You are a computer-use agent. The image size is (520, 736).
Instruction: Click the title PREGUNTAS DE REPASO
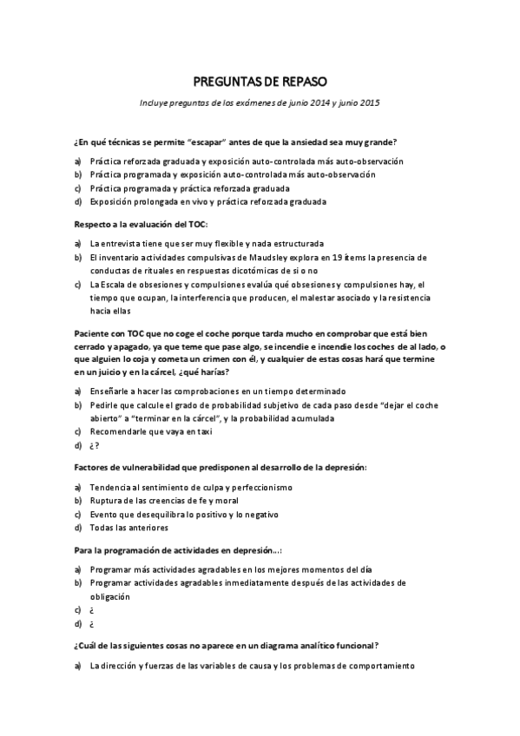click(x=260, y=82)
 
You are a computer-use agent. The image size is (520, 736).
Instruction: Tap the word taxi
click(x=203, y=430)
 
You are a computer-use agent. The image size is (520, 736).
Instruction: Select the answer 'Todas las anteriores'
click(x=128, y=528)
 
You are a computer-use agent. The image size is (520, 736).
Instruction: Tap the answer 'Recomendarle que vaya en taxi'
click(x=150, y=430)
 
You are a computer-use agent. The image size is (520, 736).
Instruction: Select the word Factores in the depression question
click(x=94, y=467)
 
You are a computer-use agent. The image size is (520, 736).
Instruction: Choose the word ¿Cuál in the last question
click(x=89, y=646)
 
